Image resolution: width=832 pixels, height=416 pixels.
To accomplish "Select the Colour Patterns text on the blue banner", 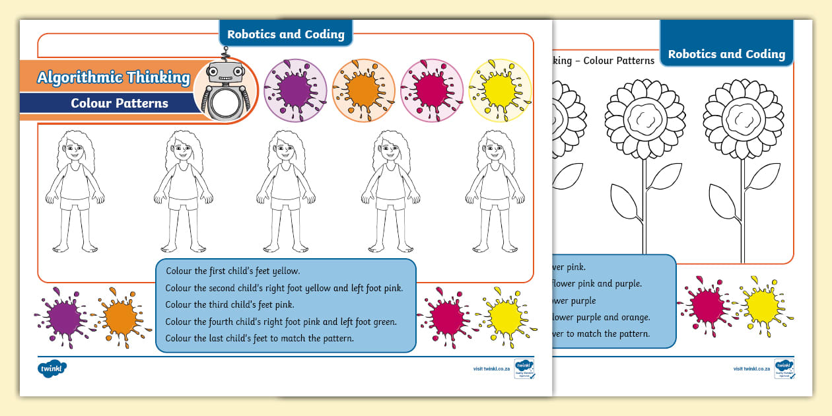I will coord(120,103).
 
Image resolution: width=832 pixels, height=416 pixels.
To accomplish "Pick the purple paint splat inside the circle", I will coord(295,90).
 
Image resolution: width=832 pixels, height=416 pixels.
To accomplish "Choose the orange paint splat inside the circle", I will coord(363,90).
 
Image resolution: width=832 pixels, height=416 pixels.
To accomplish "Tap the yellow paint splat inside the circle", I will coord(500,90).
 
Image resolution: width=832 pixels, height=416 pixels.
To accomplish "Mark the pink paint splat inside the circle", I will coord(432,90).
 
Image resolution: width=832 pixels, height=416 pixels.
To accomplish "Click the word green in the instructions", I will coord(385,322).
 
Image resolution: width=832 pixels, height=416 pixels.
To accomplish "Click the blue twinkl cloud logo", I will coord(52,368).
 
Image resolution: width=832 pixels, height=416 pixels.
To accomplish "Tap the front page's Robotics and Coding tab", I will coord(285,34).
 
